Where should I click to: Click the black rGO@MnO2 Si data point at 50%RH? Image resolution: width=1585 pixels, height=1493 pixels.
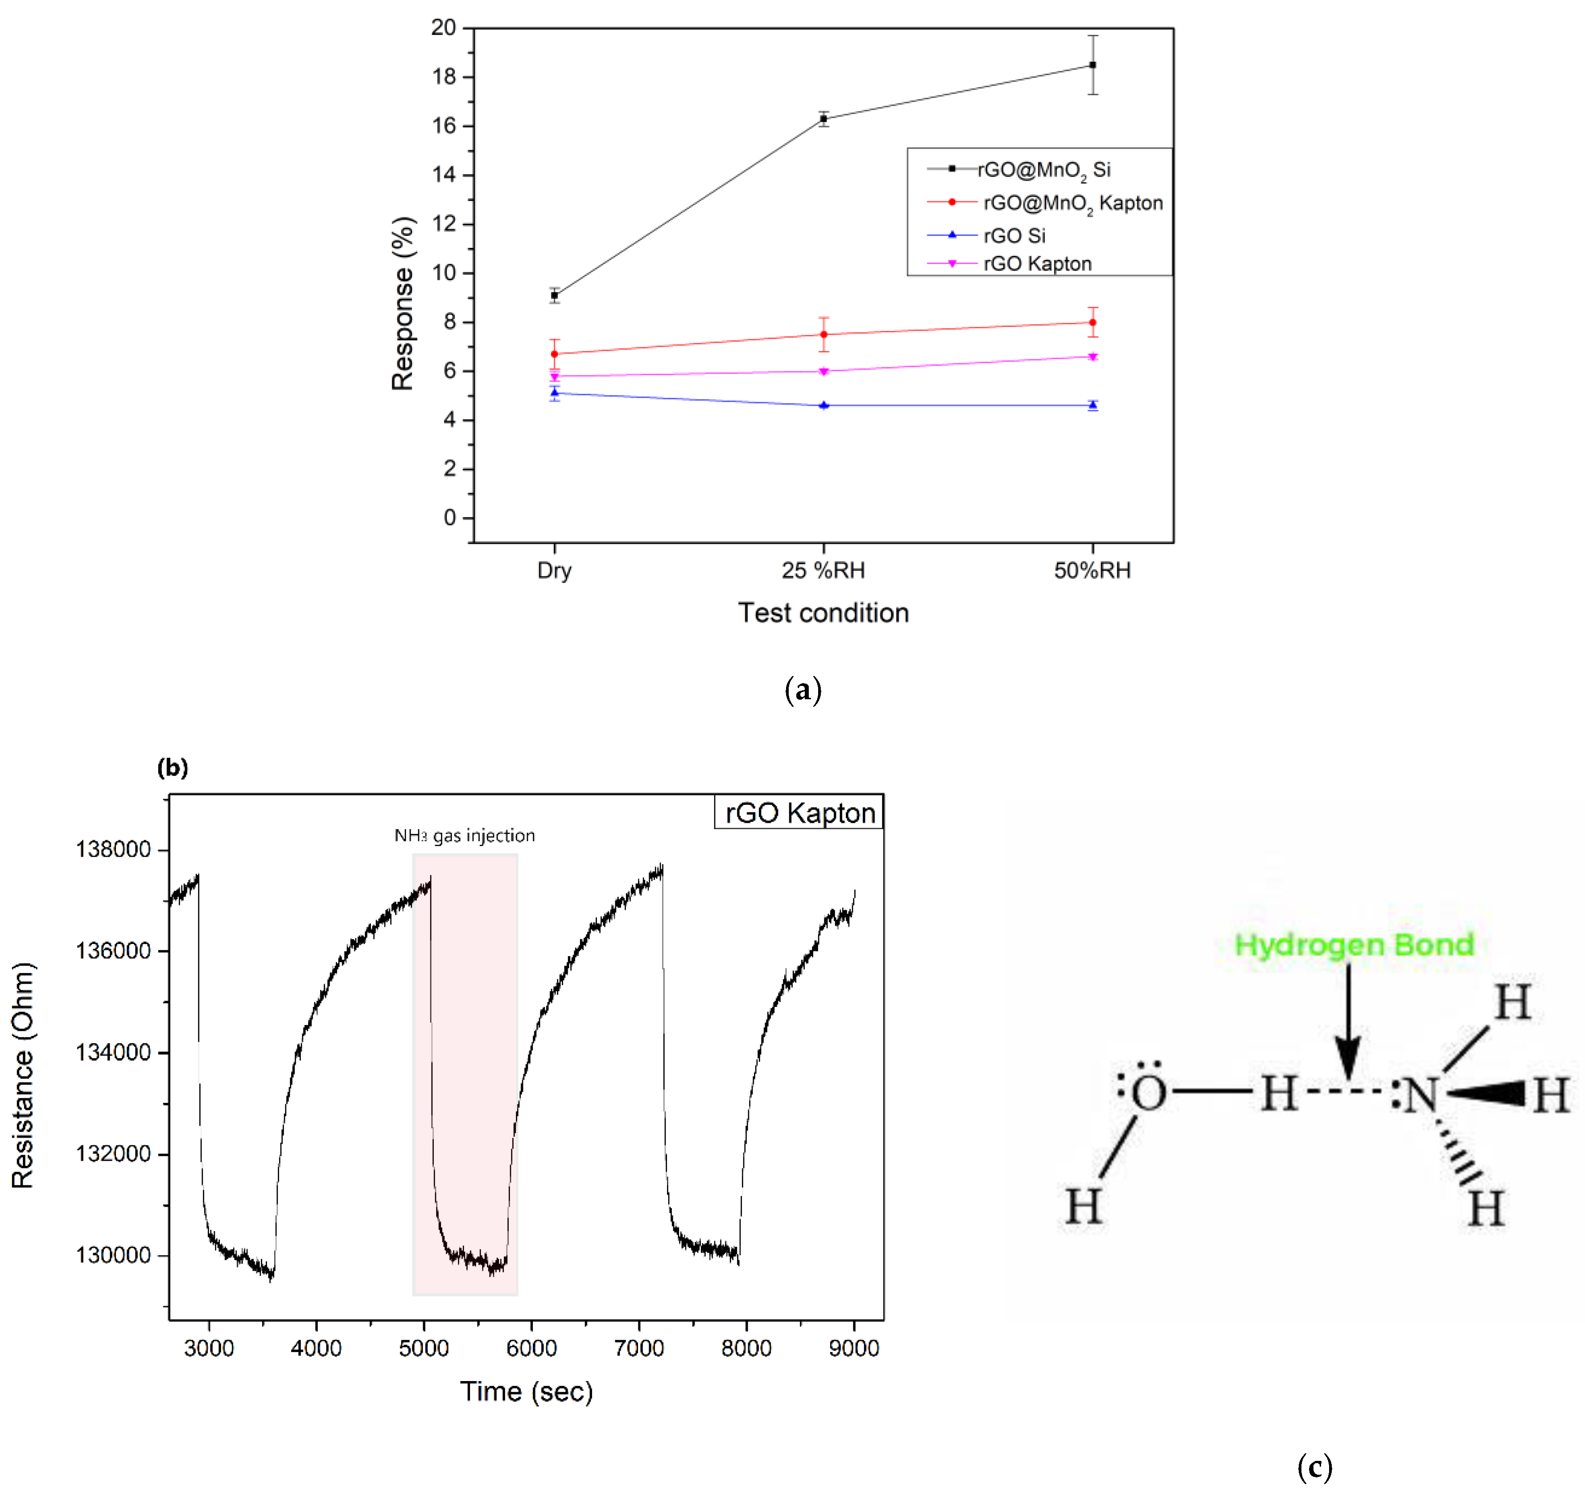point(1092,65)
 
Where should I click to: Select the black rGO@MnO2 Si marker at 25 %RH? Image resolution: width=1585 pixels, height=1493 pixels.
point(823,119)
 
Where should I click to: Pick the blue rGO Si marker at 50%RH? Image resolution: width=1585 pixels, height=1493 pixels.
point(1092,405)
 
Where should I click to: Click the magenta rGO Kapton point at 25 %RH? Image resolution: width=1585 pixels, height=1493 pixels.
point(823,371)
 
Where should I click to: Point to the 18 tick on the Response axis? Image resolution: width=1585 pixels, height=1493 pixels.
point(443,77)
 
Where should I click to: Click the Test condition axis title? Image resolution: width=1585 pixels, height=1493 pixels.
point(823,613)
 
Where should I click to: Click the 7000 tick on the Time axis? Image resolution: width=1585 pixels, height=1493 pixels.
point(638,1348)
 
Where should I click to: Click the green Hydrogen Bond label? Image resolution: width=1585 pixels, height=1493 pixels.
point(1354,945)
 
